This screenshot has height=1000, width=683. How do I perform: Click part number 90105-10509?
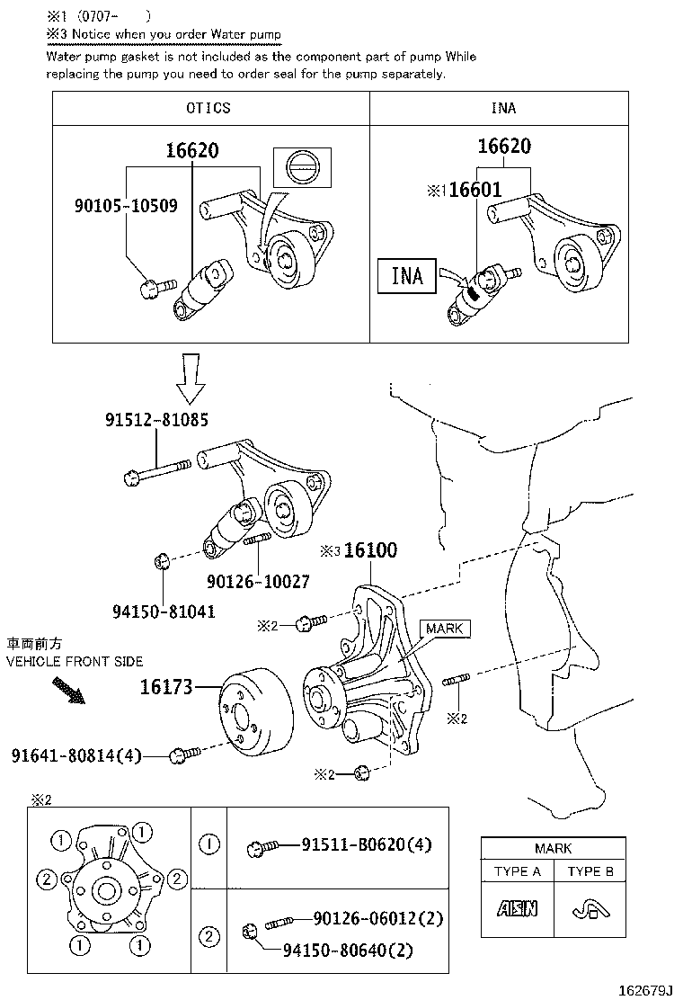tap(125, 206)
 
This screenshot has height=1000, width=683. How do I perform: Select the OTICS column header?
tap(208, 108)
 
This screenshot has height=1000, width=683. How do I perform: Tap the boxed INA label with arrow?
tap(407, 275)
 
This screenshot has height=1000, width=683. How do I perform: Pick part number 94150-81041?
tap(164, 612)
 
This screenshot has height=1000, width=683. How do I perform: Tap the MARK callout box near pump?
tap(445, 629)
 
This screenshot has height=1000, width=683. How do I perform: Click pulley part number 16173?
tap(166, 688)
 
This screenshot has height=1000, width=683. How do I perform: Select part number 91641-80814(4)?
tap(77, 755)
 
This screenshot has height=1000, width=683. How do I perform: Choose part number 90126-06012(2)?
tap(378, 918)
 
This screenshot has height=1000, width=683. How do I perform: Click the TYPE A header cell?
tap(518, 871)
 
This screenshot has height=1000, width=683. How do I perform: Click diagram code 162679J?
tap(644, 990)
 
